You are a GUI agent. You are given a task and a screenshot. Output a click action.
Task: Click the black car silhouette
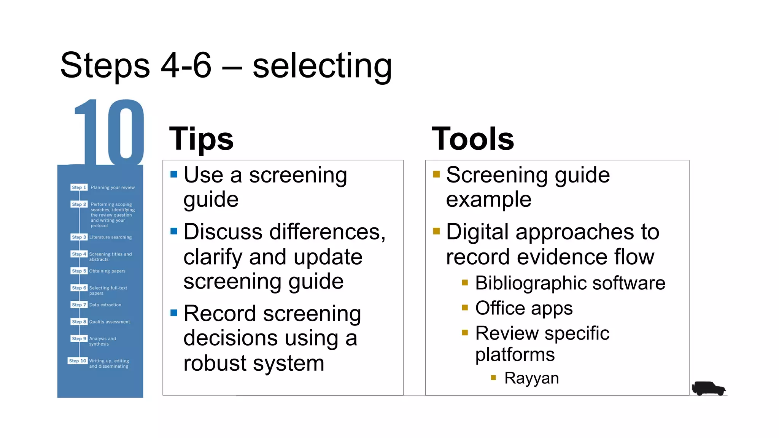click(x=708, y=389)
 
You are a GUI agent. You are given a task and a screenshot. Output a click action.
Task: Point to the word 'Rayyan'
click(x=531, y=378)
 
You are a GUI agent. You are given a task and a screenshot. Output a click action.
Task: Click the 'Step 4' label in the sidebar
click(x=79, y=254)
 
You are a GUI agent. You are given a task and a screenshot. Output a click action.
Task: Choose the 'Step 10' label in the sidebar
click(x=78, y=361)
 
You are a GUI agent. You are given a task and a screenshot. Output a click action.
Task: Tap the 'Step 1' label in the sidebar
click(x=79, y=187)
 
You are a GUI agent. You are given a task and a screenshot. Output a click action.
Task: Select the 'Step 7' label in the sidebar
click(x=79, y=305)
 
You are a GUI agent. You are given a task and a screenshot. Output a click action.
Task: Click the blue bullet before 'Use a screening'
click(x=174, y=175)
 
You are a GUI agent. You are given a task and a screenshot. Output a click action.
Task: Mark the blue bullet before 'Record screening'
click(x=174, y=313)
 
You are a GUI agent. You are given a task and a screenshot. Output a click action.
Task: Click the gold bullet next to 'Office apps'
click(x=465, y=308)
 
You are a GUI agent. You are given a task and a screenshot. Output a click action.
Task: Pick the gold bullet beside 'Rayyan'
click(x=493, y=378)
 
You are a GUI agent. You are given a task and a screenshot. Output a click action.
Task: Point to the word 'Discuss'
click(x=223, y=232)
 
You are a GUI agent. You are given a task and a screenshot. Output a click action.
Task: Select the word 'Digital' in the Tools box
click(x=477, y=232)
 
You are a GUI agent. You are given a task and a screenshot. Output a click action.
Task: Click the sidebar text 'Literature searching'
click(x=110, y=237)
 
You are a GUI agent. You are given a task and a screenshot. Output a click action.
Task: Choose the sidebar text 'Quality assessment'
click(x=110, y=322)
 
